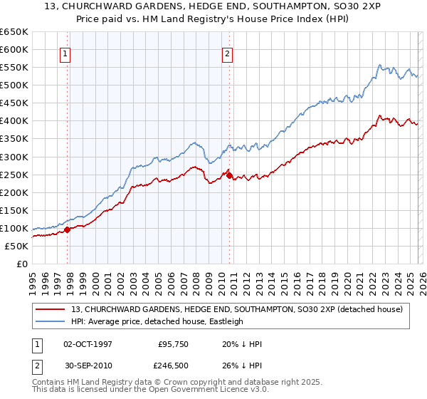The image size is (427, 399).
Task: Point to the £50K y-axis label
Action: (x=16, y=246)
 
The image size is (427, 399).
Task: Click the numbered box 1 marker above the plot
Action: (x=65, y=53)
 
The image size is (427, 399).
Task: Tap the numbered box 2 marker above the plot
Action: (x=227, y=53)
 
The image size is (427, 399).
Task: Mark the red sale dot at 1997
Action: (x=68, y=229)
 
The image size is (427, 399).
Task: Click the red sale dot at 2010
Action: (x=229, y=175)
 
